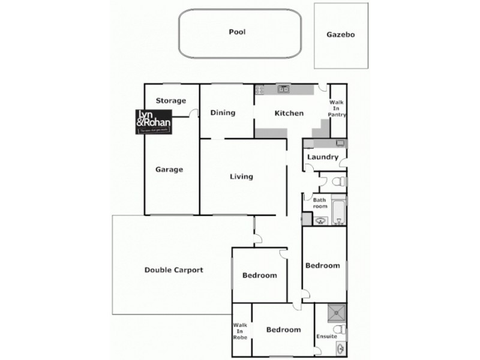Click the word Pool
[x=238, y=32]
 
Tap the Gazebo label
[x=341, y=35]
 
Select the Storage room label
[x=171, y=101]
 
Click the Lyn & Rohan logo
[x=154, y=121]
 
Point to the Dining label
[x=222, y=113]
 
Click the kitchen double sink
[x=283, y=90]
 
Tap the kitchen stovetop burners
[x=260, y=90]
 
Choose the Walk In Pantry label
[x=337, y=109]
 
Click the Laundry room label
[x=323, y=158]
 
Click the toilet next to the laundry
[x=338, y=181]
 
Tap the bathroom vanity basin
[x=320, y=220]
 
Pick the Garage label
[x=169, y=169]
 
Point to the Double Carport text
[x=174, y=270]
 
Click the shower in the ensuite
[x=337, y=311]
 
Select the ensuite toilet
[x=338, y=329]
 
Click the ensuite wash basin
[x=340, y=349]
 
